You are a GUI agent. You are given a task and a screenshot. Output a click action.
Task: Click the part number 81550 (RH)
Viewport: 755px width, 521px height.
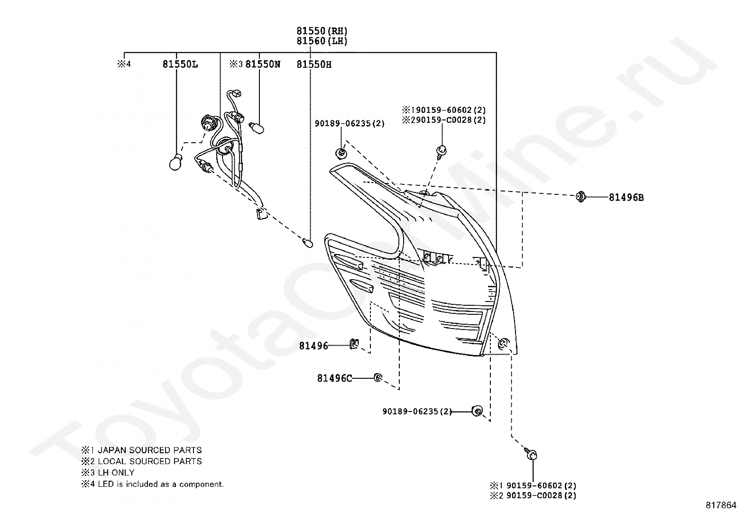coord(322,31)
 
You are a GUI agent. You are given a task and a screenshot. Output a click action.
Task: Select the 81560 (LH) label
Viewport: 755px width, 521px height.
coord(322,41)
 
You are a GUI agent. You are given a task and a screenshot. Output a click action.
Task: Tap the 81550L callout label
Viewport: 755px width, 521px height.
coord(180,64)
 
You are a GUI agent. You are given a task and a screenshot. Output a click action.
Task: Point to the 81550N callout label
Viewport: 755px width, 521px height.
coord(263,64)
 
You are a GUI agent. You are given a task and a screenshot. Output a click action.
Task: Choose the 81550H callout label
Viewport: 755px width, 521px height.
coord(314,64)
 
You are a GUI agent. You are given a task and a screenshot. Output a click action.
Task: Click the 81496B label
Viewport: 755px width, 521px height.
coord(626,198)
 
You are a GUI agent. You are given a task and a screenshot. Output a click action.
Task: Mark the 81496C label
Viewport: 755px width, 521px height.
coord(334,378)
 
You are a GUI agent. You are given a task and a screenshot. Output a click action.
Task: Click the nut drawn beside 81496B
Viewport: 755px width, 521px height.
coord(580,196)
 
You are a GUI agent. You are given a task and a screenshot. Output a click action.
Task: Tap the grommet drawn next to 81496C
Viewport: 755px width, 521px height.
coord(378,378)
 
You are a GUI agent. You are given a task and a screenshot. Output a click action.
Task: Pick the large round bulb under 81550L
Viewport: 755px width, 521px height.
coord(175,162)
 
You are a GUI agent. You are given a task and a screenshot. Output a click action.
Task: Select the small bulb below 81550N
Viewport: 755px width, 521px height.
coord(257,128)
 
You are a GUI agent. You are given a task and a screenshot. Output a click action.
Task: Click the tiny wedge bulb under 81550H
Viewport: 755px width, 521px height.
coord(307,243)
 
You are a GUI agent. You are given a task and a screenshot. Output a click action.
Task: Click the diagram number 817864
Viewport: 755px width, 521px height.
coord(721,505)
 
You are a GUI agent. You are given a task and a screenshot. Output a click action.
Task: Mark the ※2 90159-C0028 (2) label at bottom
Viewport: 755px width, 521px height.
coord(533,496)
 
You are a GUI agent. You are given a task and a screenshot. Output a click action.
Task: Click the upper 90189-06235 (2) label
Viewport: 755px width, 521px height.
coord(350,124)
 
